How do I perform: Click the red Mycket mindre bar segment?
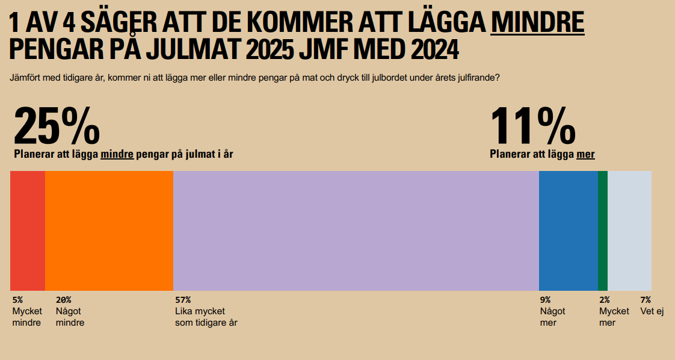tap(28, 231)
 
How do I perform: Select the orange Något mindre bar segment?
tap(109, 231)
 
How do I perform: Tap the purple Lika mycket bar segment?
tap(356, 231)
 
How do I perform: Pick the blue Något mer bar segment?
tap(568, 231)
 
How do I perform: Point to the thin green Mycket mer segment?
tap(602, 231)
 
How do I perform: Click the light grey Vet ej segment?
tap(629, 231)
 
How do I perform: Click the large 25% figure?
tap(57, 126)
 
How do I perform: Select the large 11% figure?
tap(532, 126)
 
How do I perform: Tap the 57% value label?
tap(183, 300)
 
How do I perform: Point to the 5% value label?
tap(17, 300)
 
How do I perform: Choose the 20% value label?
tap(64, 300)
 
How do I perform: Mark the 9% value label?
tap(545, 300)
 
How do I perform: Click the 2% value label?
tap(604, 300)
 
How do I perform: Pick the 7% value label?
tap(646, 300)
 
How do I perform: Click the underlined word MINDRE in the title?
tap(537, 22)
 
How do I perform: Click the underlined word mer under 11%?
tap(585, 154)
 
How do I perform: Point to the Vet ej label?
tap(652, 311)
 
